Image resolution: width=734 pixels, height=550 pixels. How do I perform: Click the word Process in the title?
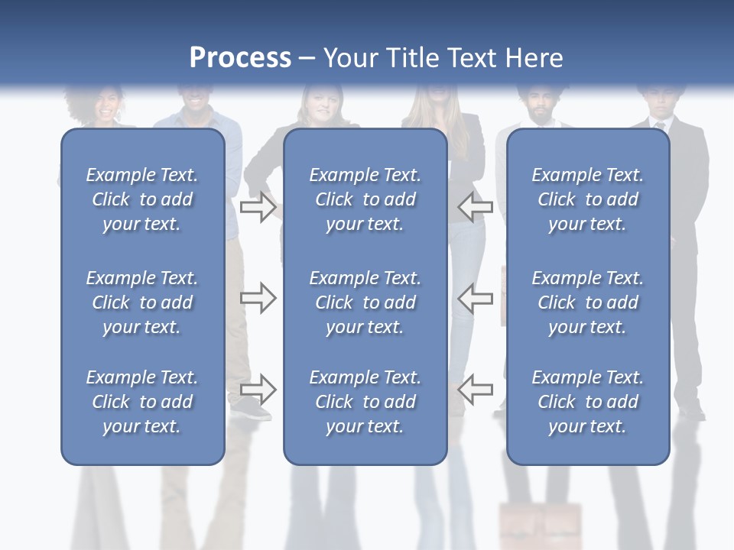coord(240,58)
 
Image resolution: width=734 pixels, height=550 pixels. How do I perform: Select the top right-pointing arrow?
coord(258,207)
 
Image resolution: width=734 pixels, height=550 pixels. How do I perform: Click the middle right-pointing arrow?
coord(258,298)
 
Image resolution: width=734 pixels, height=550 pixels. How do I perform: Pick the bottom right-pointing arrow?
coord(258,390)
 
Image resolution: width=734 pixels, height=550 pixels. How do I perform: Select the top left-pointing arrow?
coord(475,207)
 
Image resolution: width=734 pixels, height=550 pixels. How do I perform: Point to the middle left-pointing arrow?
coord(475,298)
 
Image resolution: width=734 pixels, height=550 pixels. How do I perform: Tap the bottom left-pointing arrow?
coord(475,390)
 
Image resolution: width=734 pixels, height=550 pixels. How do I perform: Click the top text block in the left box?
coord(142,199)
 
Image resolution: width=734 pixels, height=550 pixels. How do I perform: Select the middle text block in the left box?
coord(142,302)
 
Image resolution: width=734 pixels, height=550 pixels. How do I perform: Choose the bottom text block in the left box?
coord(142,402)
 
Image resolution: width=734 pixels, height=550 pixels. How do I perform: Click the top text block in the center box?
coord(365,199)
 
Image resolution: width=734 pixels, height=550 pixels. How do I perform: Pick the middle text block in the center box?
coord(365,302)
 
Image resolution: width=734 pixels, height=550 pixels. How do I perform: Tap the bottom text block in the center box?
coord(365,402)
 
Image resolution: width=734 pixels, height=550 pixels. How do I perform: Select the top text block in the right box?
coord(587,199)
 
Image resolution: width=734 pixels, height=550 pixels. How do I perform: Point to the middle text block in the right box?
coord(587,302)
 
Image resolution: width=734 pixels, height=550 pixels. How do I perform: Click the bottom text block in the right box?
coord(587,402)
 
